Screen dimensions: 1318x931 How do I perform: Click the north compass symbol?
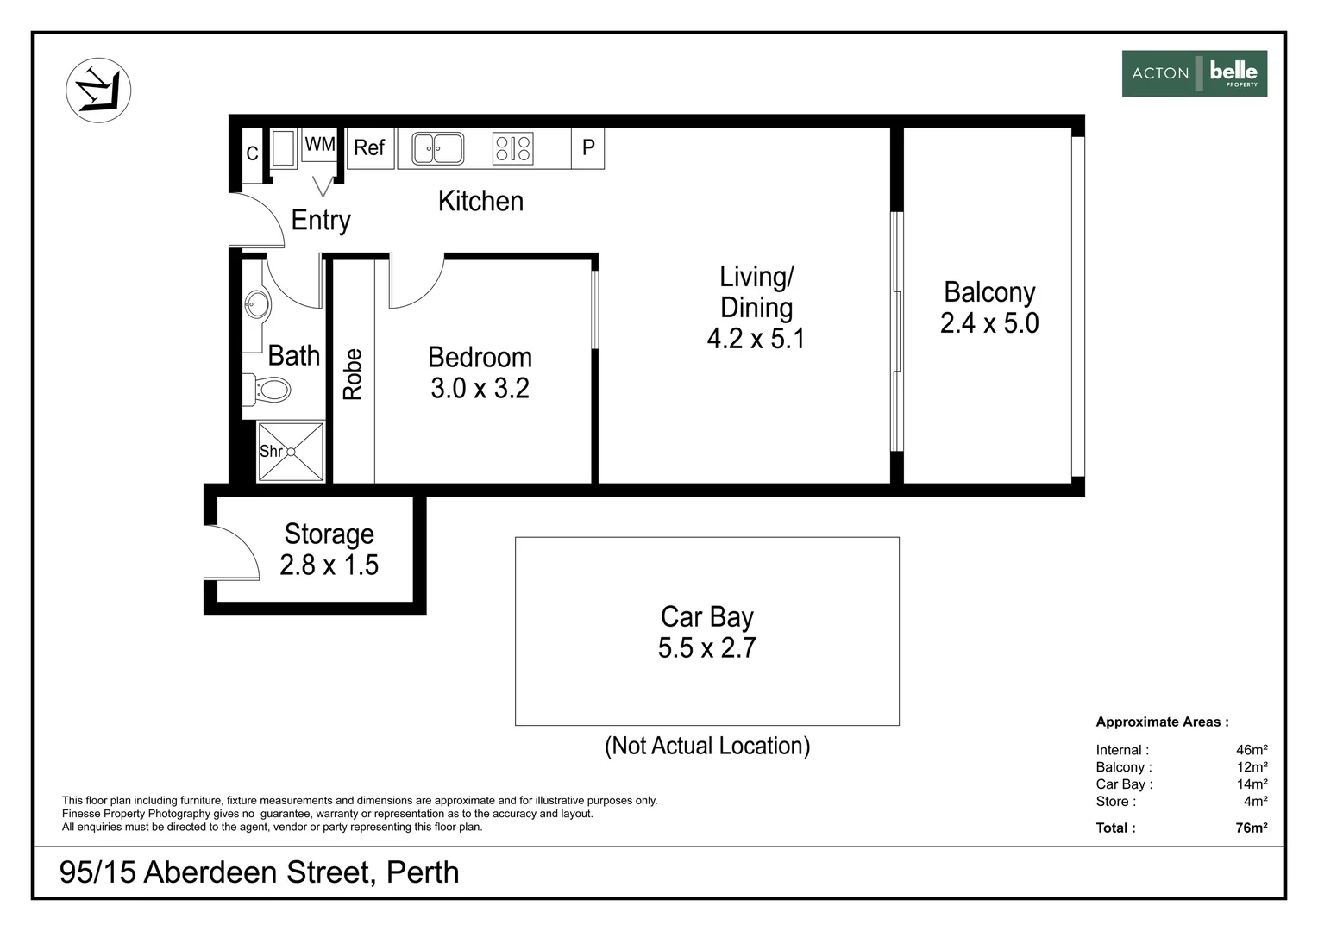(98, 90)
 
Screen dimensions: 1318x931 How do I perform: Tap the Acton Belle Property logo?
(1195, 73)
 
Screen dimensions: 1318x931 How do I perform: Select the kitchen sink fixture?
(437, 148)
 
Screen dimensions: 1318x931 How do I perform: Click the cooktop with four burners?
(512, 148)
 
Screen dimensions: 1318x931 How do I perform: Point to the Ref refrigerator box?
(370, 148)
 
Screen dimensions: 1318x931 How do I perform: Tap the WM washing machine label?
(320, 144)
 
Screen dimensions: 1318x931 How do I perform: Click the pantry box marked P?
(587, 148)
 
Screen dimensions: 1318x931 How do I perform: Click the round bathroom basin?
(257, 304)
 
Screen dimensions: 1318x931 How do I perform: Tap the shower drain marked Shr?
(291, 453)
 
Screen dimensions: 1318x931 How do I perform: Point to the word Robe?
(353, 375)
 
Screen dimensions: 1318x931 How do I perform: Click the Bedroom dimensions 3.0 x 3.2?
(480, 388)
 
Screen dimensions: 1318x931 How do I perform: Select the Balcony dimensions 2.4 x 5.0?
(989, 323)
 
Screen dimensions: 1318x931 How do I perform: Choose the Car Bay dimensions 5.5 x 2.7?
(706, 647)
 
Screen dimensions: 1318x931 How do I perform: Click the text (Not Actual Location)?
(707, 746)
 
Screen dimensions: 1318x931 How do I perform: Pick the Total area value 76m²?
(1252, 828)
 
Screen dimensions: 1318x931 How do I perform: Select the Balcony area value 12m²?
(1252, 767)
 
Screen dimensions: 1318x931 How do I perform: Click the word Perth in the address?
(423, 872)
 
